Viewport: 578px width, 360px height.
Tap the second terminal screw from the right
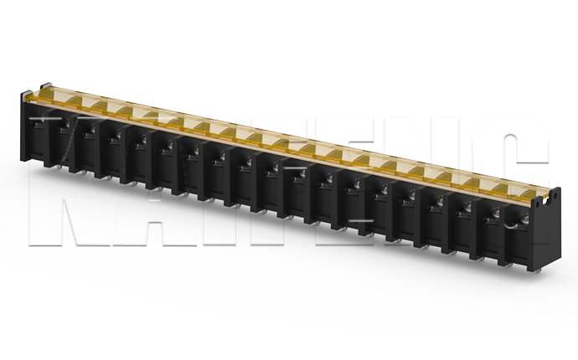[x=497, y=216]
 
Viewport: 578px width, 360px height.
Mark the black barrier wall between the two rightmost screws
[x=509, y=230]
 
